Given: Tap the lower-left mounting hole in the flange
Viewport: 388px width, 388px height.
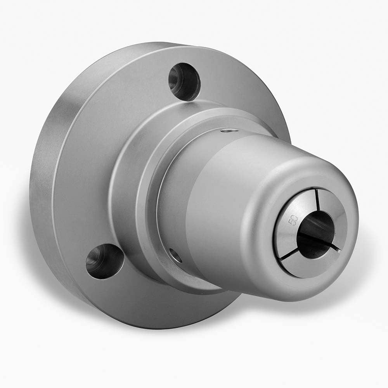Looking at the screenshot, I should pos(104,261).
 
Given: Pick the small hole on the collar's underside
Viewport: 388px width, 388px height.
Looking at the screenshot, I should pos(175,255).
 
